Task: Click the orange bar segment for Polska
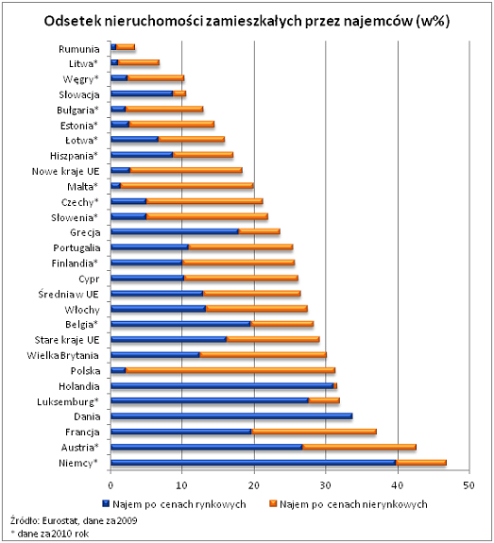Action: pos(230,370)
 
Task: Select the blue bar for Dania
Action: pos(231,416)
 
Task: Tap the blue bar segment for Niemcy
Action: pos(253,463)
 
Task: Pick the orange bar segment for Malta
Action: pos(187,186)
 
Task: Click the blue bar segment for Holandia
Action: pos(222,386)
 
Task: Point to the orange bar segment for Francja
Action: pos(315,432)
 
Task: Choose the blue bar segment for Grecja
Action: pos(175,231)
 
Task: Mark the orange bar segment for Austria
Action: pos(359,447)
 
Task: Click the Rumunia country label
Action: pos(79,49)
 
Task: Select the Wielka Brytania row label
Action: pos(62,356)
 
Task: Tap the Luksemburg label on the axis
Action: pos(68,401)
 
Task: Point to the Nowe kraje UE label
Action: pos(65,172)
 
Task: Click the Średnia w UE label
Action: pos(68,295)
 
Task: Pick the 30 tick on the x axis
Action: pos(325,485)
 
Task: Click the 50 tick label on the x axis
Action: pos(468,485)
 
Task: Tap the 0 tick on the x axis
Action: pos(111,485)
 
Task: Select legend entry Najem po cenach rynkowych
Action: pos(174,504)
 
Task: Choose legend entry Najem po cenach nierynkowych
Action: pos(349,504)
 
